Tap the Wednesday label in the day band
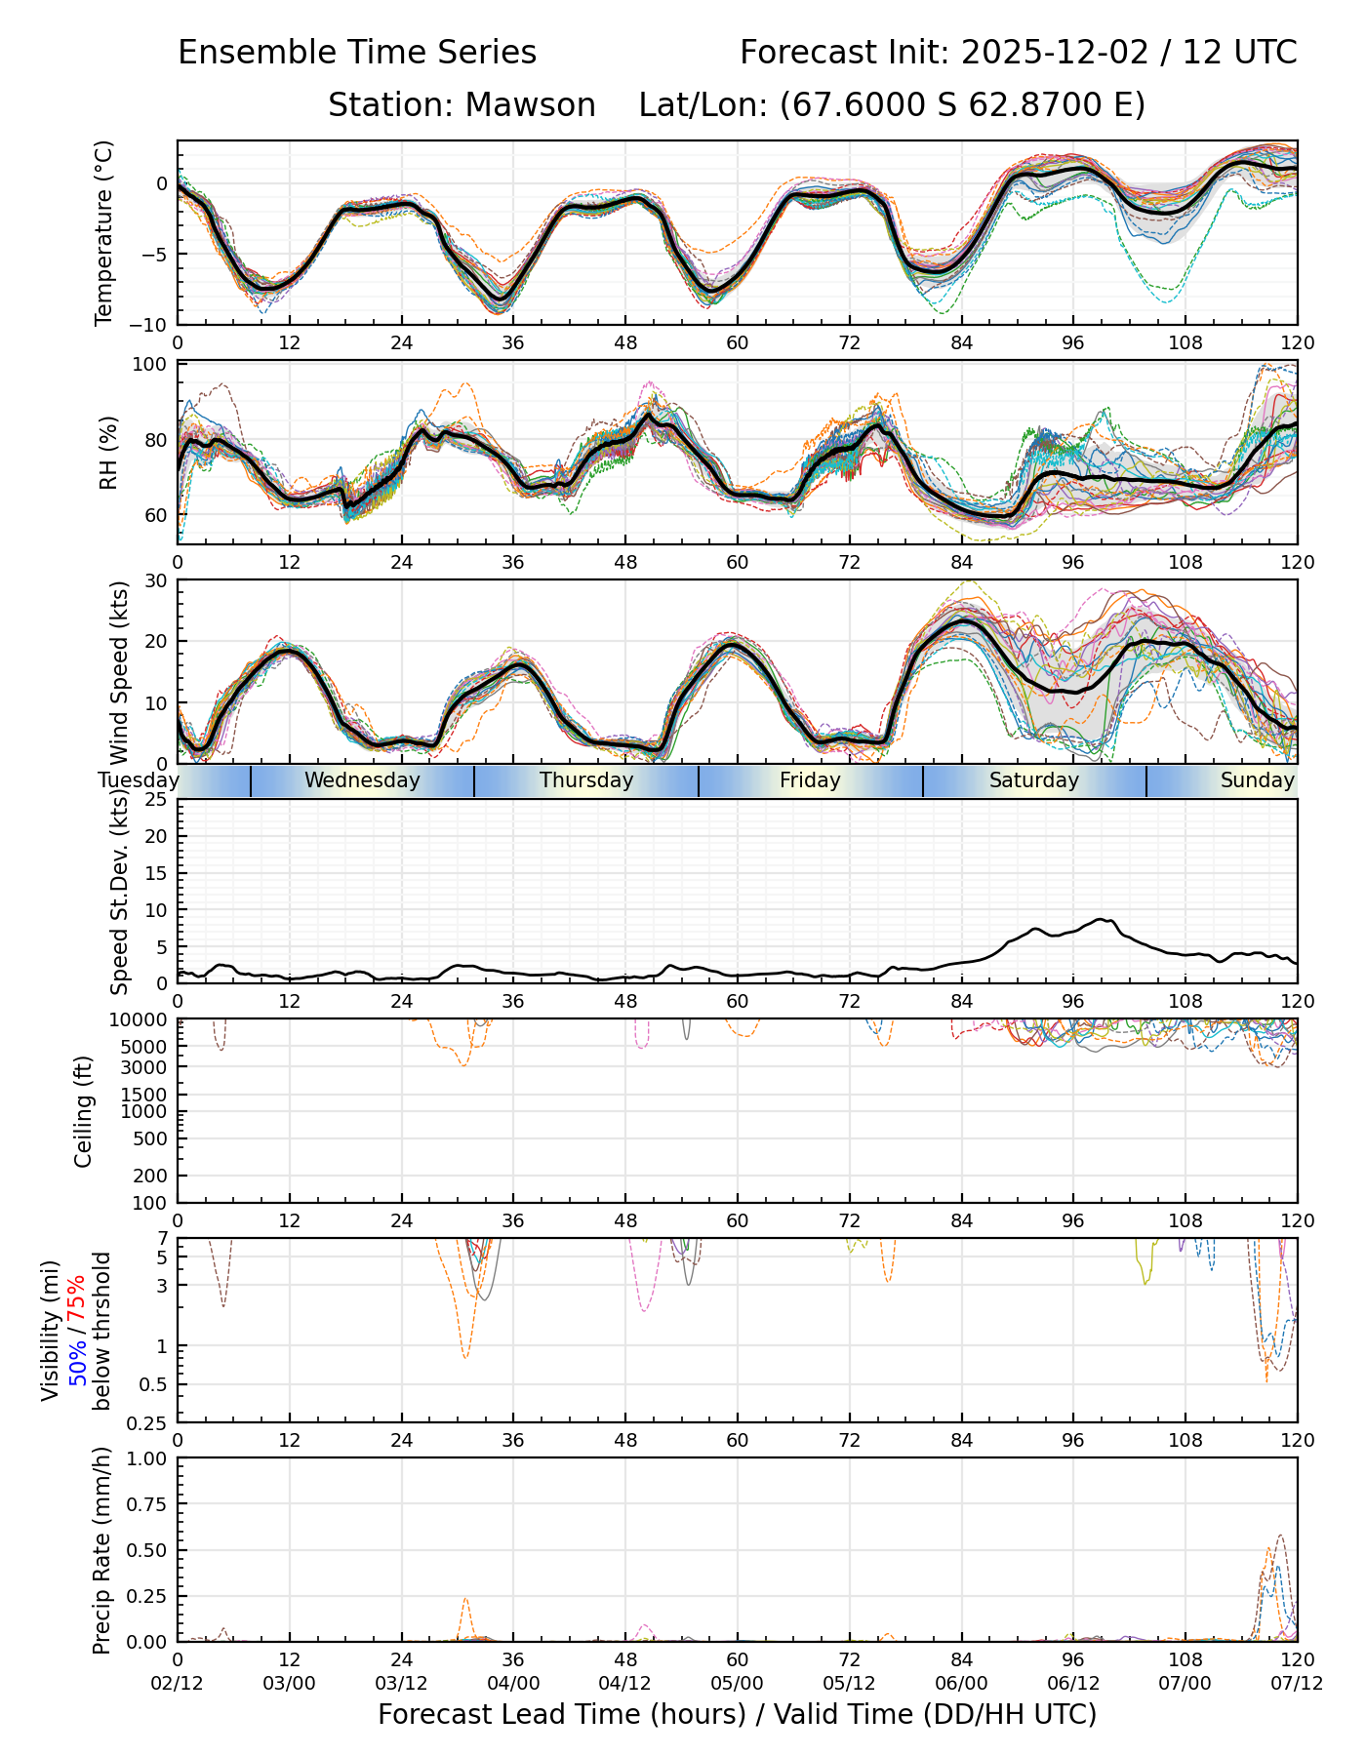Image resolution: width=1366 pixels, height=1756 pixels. click(362, 780)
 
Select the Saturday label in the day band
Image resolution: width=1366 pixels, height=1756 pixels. click(1033, 780)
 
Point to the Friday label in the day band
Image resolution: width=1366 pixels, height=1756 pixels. click(810, 780)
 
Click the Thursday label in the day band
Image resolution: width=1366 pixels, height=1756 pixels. click(586, 780)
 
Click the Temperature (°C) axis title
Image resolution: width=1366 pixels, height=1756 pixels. click(103, 232)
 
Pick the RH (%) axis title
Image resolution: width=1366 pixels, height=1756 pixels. click(108, 452)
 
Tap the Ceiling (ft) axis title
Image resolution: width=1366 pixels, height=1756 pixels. click(84, 1111)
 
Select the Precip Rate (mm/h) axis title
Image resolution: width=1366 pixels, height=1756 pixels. click(101, 1550)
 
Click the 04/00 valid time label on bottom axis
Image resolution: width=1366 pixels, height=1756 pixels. click(513, 1684)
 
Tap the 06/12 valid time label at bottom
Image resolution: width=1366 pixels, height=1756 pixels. click(1073, 1684)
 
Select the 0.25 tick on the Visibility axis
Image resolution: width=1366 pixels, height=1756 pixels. click(148, 1422)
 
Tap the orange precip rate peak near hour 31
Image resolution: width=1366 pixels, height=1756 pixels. click(465, 1599)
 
